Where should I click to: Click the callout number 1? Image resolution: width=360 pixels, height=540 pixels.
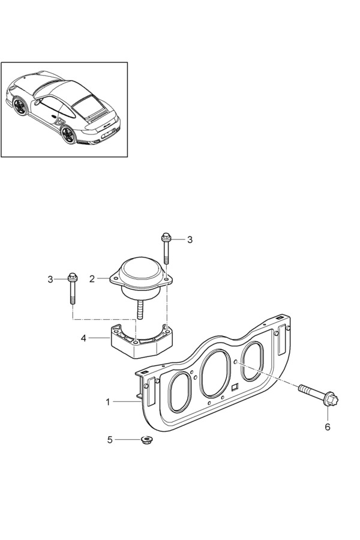click(108, 401)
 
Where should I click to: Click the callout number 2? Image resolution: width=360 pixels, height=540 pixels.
click(92, 278)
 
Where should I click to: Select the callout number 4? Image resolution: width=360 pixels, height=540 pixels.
click(83, 338)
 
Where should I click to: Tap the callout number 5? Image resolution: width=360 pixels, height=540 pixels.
click(110, 440)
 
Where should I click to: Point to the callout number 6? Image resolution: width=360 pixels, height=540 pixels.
click(327, 427)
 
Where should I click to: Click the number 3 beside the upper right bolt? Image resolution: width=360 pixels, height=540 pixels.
click(190, 239)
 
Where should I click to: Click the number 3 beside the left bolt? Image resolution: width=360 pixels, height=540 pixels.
click(50, 279)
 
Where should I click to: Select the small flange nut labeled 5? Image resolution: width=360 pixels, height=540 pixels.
click(147, 440)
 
